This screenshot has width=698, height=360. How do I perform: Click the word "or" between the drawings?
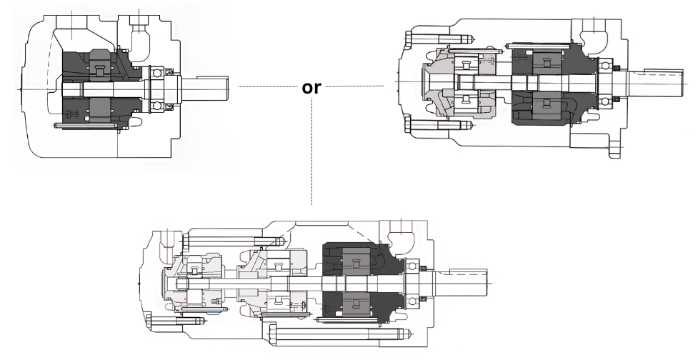tap(312, 89)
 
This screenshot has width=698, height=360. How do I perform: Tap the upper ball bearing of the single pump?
tap(158, 72)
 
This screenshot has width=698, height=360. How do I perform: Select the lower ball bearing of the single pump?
tap(158, 106)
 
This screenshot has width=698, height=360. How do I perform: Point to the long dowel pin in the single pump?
tap(86, 127)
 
